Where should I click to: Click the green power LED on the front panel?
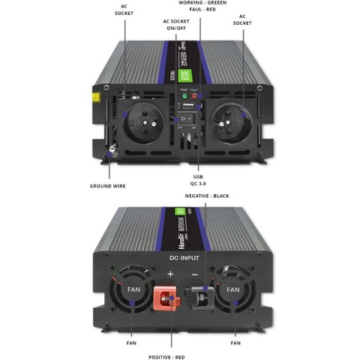tap(184, 97)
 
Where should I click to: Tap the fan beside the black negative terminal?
tap(233, 289)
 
